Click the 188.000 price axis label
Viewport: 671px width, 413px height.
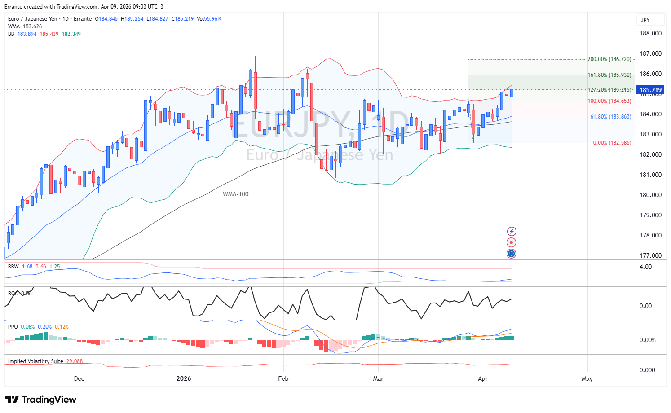coord(650,33)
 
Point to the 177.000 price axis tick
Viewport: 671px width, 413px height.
coord(650,255)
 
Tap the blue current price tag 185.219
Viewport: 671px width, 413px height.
coord(650,90)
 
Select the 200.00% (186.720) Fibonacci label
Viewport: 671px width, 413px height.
coord(609,59)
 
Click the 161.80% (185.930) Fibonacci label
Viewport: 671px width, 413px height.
coord(609,75)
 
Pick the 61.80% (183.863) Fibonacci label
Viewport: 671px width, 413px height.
coord(610,117)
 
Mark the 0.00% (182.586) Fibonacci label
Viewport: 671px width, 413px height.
coord(612,143)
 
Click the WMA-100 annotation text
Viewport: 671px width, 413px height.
coord(235,194)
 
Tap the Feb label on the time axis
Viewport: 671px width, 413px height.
coord(283,378)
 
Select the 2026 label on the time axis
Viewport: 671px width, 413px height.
coord(184,378)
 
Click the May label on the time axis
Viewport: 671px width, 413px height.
coord(587,378)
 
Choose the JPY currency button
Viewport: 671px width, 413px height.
coord(645,20)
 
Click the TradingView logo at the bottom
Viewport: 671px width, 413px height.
coord(41,400)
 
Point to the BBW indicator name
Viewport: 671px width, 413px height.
coord(13,267)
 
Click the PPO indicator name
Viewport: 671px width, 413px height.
coord(13,327)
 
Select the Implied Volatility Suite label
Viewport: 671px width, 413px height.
coord(35,361)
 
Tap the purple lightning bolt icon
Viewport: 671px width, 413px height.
coord(511,232)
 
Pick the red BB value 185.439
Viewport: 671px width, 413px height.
coord(49,34)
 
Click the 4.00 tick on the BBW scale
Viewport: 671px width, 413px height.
coord(645,267)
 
